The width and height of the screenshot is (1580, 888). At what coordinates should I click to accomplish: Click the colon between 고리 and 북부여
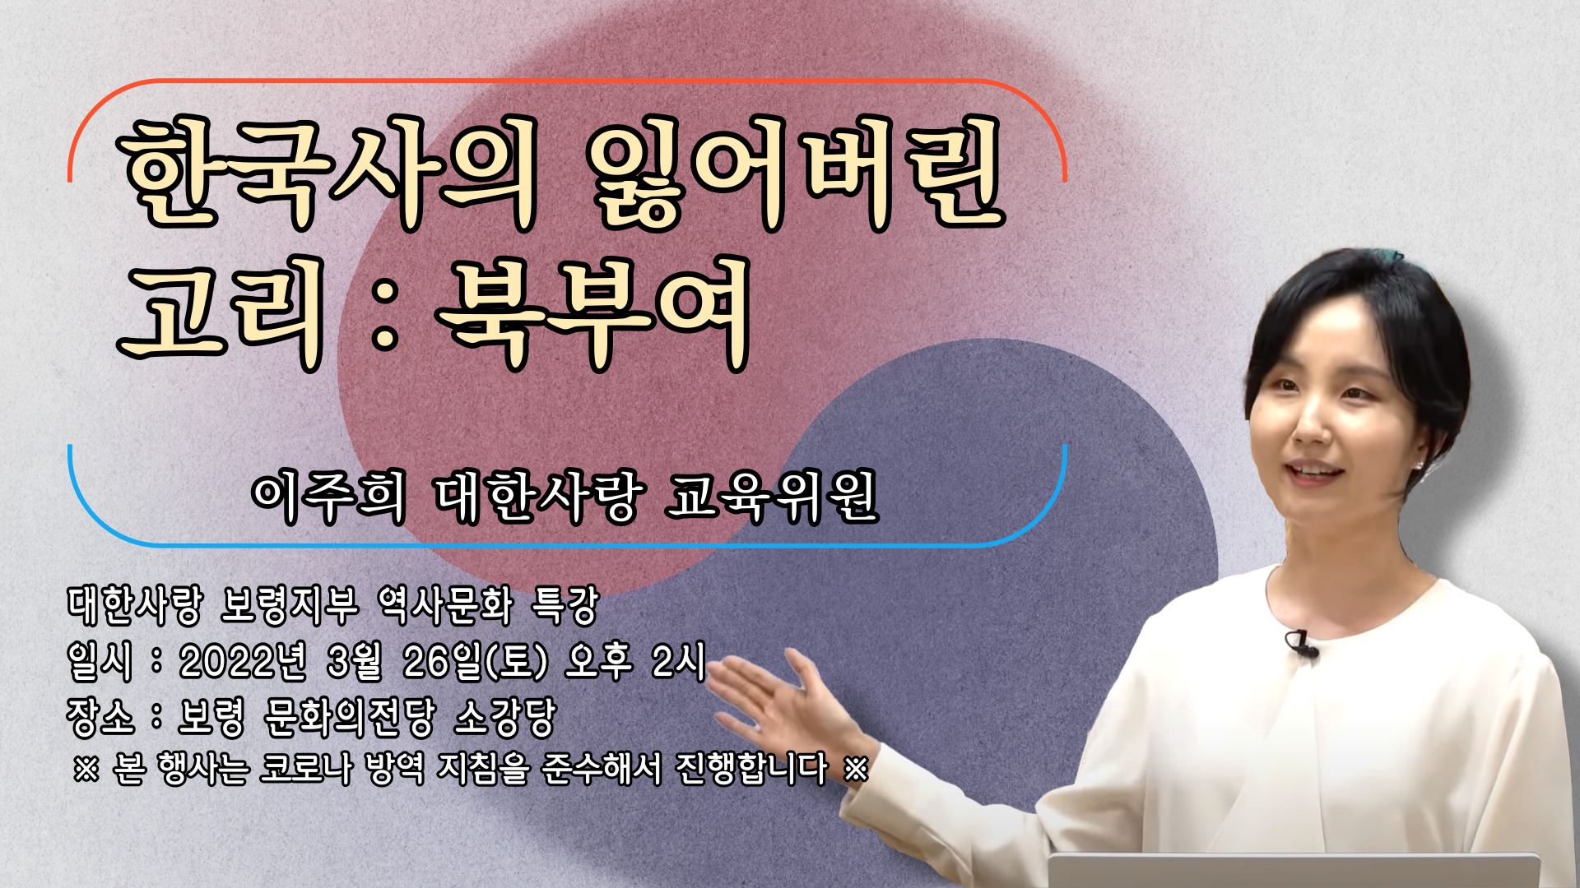[x=385, y=314]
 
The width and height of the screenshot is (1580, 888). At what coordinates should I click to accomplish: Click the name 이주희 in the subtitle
[x=328, y=497]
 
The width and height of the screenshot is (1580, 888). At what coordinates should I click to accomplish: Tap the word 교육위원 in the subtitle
[x=773, y=497]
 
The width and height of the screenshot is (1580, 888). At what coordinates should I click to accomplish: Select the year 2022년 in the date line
[x=243, y=661]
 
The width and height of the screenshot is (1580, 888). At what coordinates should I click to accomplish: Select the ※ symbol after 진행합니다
[x=856, y=769]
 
